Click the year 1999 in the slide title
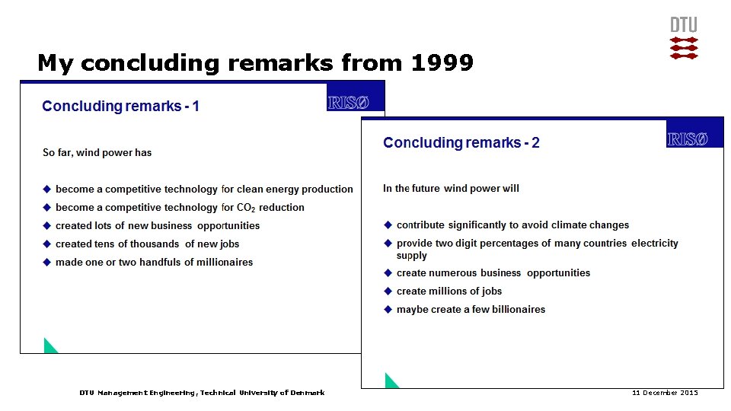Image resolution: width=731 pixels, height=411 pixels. coord(442,62)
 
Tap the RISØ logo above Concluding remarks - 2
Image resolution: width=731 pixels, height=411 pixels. coord(688,139)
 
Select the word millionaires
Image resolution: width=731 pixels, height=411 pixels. coord(225,262)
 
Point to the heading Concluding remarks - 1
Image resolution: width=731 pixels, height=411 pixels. coord(120,106)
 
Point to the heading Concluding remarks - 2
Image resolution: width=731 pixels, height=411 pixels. coord(461,142)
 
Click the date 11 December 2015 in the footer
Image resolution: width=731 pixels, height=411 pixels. coord(665,393)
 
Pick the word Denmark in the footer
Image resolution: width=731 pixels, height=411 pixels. coord(306,393)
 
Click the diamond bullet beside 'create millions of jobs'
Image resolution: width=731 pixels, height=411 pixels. coord(388,291)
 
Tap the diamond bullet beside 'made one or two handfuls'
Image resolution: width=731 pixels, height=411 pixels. coord(46,262)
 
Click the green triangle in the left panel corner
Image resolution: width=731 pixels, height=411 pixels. coord(49,346)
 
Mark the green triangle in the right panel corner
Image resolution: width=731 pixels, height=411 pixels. coord(391,381)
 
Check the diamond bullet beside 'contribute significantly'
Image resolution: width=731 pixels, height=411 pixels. coord(388,225)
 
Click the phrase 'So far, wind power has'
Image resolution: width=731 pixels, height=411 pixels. coord(97,152)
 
